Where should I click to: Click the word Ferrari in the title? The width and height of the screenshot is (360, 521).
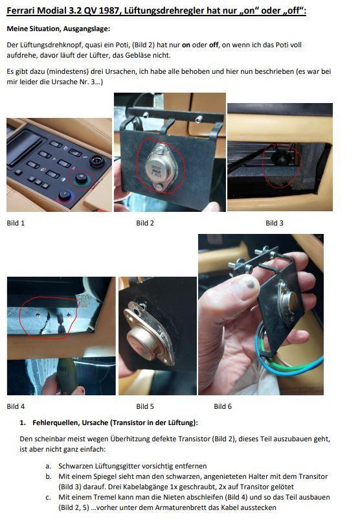coord(21,10)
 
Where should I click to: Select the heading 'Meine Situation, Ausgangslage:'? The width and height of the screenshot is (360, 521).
coord(58,29)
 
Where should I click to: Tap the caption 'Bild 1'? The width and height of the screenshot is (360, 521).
coord(16,223)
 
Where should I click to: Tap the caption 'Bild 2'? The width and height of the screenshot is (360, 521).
coord(145,223)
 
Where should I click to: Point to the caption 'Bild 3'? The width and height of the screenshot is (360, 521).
coord(275,223)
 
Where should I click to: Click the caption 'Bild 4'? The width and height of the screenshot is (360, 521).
coord(16,406)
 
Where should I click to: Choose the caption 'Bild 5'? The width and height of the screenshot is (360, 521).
coord(145,406)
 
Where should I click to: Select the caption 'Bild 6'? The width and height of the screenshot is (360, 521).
coord(223,406)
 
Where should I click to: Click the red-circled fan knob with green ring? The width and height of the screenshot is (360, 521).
coord(81,178)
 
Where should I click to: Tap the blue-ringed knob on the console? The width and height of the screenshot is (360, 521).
coord(65,194)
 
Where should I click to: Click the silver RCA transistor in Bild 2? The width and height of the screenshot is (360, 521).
coord(160,168)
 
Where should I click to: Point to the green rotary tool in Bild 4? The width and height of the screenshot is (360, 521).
coord(66,376)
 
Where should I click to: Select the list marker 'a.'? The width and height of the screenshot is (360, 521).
coord(49,466)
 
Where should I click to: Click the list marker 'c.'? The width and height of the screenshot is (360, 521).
coord(49,498)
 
